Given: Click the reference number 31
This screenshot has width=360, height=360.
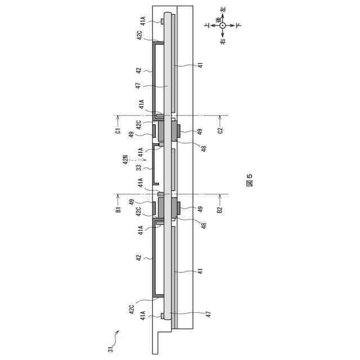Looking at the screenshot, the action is pos(111,349).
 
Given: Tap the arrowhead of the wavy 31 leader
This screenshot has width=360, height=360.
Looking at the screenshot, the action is pos(118,331).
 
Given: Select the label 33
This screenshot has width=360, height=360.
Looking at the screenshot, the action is pos(139,168).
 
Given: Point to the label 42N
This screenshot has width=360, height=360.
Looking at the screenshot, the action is pos(125,160).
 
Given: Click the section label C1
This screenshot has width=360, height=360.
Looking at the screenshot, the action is pos(118,131).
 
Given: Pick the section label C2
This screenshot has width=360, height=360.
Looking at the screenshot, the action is pos(220,130).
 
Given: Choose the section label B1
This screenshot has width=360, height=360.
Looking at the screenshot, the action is pos(118,209).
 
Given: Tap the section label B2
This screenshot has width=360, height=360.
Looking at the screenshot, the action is pos(220,209).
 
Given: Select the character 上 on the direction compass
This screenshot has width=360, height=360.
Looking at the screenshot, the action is pos(208,25).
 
